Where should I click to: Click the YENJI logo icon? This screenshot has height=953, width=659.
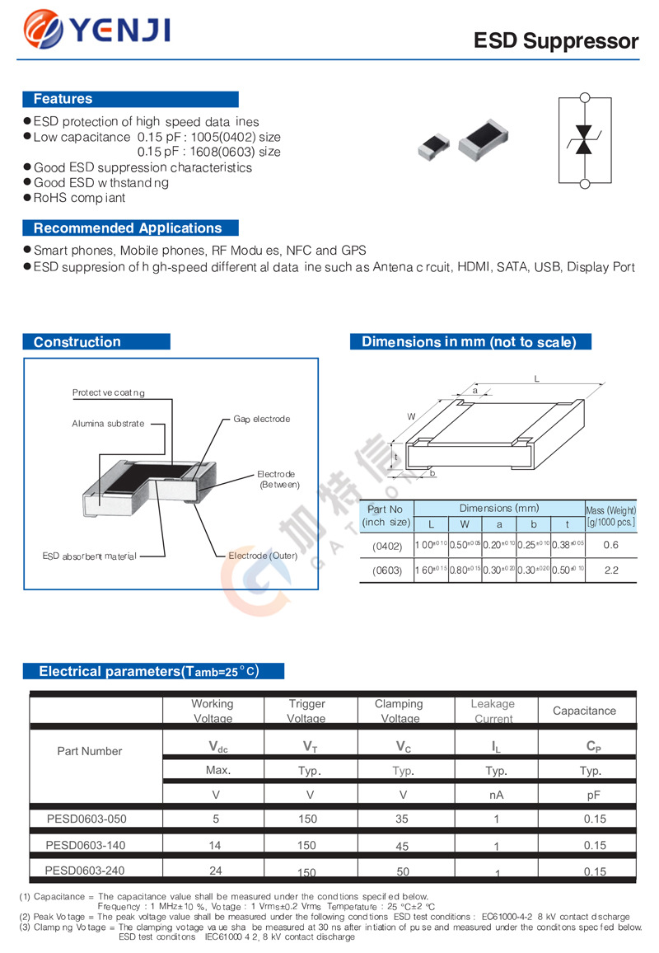point(44,31)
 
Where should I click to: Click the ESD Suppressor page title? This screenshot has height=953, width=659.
point(556,41)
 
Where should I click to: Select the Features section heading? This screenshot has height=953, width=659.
point(63,99)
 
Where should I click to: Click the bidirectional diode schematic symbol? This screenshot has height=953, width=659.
point(584,139)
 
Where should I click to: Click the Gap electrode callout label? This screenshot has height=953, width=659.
point(261,419)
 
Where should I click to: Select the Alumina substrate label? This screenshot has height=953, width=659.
point(108,423)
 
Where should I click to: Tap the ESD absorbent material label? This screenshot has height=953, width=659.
point(89,556)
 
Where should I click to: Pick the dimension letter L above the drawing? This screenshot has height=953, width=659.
point(536,378)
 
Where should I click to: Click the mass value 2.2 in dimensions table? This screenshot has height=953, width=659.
point(610,570)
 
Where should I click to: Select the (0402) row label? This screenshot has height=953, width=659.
point(386,545)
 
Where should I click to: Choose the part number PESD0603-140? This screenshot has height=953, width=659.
point(86,845)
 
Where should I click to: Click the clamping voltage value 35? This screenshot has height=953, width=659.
point(403,819)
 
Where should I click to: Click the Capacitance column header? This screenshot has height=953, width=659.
point(584,711)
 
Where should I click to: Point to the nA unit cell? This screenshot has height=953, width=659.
point(496,795)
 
